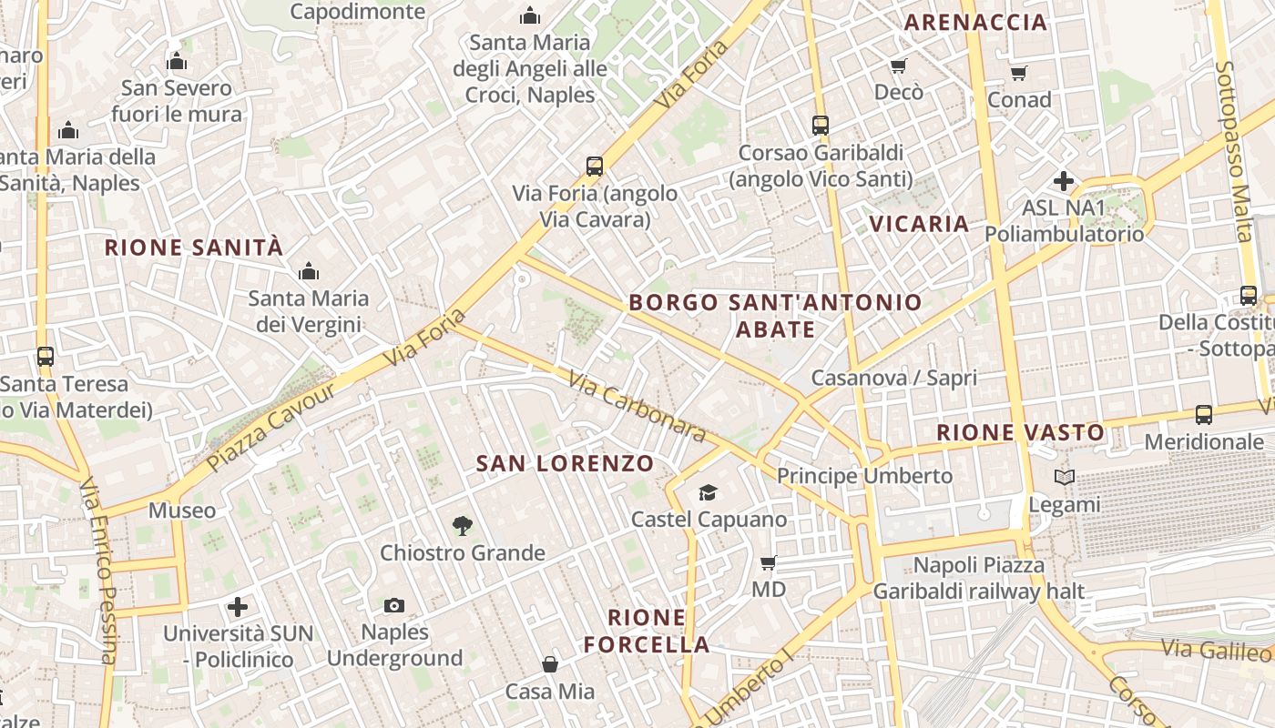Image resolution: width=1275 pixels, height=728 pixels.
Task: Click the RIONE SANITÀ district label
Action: tap(194, 247)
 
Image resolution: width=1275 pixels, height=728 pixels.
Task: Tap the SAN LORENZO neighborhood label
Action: tap(565, 463)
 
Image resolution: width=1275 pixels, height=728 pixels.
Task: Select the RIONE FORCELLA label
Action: tap(647, 631)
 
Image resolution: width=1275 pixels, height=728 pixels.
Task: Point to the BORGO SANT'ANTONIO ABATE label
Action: tap(775, 315)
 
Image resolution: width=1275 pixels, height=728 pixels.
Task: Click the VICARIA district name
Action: tap(919, 224)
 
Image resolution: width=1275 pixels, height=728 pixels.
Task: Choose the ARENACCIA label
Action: tap(975, 23)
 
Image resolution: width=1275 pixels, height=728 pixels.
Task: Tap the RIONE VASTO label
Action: tap(1021, 432)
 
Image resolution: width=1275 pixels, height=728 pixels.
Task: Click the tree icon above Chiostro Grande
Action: tap(463, 525)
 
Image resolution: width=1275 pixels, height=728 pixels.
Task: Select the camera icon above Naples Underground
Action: tap(394, 605)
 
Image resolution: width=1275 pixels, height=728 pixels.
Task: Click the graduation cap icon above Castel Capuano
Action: tap(708, 493)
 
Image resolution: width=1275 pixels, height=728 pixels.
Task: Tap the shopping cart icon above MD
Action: tap(769, 563)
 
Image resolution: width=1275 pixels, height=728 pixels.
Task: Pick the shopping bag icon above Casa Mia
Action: tap(550, 664)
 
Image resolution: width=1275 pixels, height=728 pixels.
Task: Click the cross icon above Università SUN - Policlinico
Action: tap(238, 606)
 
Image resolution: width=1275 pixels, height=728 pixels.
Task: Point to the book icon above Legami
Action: tap(1064, 477)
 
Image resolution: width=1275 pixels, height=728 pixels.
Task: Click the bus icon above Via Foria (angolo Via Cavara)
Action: tap(595, 167)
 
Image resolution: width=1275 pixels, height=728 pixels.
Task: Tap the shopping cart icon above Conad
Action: tap(1019, 73)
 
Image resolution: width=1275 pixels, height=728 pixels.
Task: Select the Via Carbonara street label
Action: tap(637, 407)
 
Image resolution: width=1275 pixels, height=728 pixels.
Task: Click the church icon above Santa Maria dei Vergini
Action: tap(309, 271)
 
